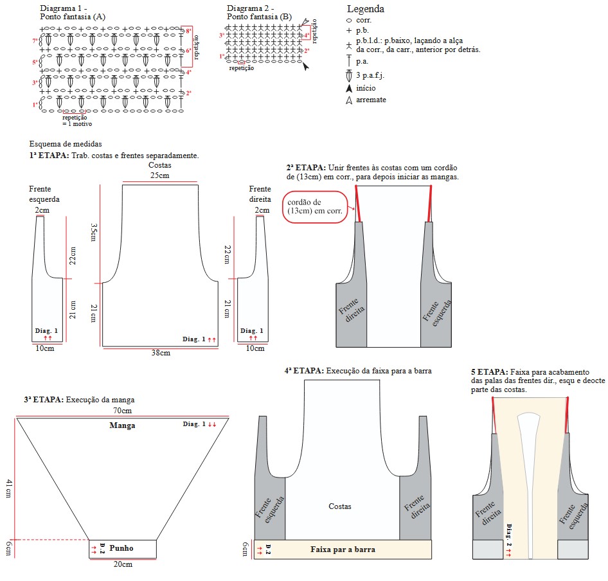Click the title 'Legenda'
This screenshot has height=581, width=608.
(x=366, y=9)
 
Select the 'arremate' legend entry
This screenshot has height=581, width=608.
(x=371, y=100)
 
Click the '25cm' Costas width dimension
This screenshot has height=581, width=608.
(x=159, y=175)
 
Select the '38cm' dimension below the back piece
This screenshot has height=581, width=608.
(x=161, y=353)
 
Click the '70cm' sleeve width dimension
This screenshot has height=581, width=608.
(x=122, y=411)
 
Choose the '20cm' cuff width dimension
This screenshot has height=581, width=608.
(x=123, y=564)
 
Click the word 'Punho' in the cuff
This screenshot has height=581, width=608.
(x=121, y=548)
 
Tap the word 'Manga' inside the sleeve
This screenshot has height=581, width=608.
(x=122, y=425)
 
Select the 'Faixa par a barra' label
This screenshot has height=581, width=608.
(x=343, y=550)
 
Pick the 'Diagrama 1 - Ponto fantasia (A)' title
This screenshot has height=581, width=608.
(x=72, y=13)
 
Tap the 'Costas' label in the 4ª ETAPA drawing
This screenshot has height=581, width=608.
(x=339, y=506)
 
